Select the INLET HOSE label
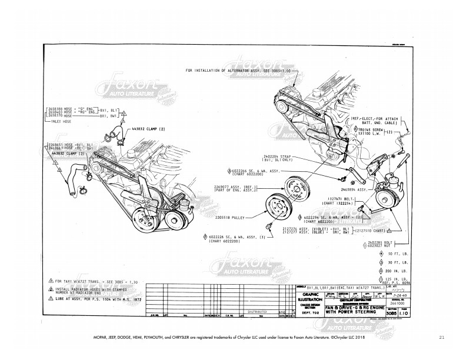pos(61,121)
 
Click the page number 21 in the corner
pos(441,338)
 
